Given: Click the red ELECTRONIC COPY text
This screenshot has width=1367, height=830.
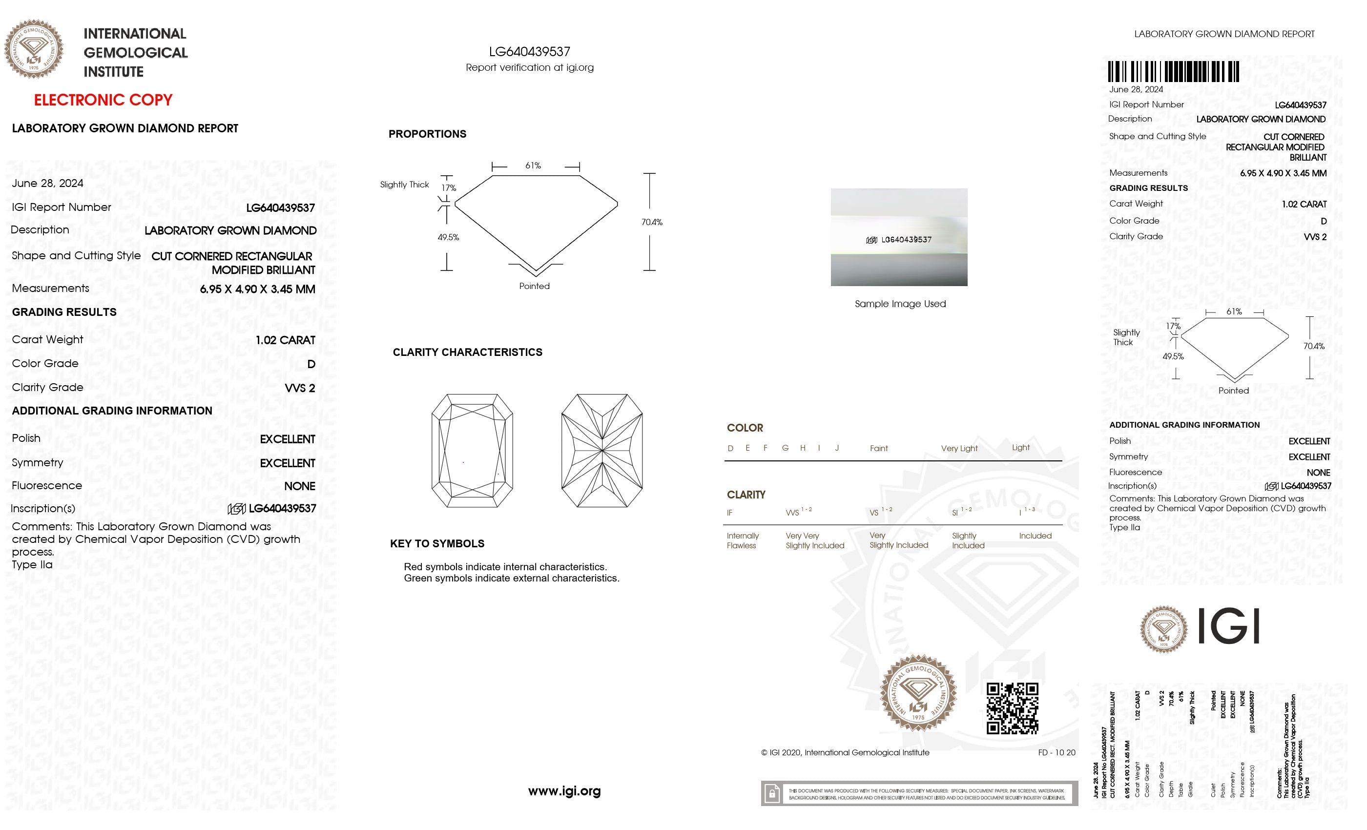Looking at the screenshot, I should click(x=103, y=100).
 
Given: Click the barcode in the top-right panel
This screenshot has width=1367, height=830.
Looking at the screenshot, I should click(x=1173, y=72).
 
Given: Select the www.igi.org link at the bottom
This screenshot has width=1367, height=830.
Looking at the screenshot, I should click(x=564, y=791).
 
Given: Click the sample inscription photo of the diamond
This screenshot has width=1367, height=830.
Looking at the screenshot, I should click(x=898, y=237).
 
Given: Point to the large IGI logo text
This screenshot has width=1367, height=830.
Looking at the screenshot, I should click(x=1228, y=626).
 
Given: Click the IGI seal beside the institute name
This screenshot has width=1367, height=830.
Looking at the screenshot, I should click(x=34, y=49).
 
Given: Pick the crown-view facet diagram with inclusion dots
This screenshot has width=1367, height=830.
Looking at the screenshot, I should click(x=472, y=451).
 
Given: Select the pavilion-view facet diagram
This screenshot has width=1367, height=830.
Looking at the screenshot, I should click(x=602, y=451).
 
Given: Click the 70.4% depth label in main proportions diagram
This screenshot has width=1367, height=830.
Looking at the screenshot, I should click(x=651, y=222).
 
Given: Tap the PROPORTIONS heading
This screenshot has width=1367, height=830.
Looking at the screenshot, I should click(x=427, y=134).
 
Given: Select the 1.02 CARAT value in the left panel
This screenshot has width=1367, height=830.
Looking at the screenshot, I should click(x=285, y=340).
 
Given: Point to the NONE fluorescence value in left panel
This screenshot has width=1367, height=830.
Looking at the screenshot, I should click(x=300, y=486).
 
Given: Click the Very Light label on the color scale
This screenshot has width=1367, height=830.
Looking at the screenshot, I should click(x=959, y=448).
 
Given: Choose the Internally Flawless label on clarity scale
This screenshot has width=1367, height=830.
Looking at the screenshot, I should click(x=742, y=540).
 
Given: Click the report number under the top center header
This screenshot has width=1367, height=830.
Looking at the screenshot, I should click(x=529, y=52).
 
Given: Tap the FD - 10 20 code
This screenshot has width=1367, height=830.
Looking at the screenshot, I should click(x=1056, y=752).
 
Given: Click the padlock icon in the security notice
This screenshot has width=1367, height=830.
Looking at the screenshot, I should click(x=771, y=793).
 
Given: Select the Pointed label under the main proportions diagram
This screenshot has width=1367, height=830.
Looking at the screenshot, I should click(x=534, y=286).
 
